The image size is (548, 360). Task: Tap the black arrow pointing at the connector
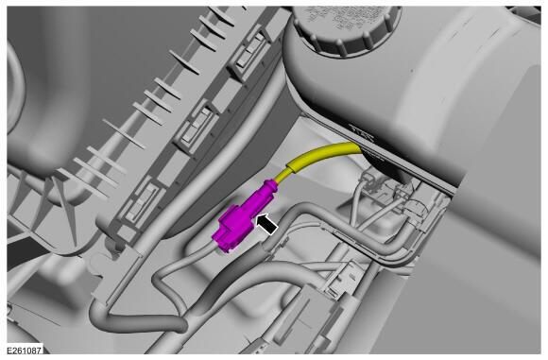267,224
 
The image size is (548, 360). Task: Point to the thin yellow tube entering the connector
282,177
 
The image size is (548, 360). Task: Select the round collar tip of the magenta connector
271,185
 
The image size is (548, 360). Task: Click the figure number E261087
25,351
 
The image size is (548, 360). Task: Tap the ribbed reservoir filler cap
346,28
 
